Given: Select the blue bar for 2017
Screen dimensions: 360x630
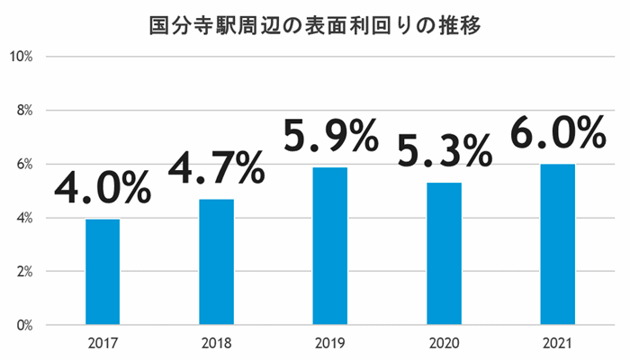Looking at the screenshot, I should click(103, 272).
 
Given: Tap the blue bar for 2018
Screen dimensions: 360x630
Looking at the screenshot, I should click(216, 261).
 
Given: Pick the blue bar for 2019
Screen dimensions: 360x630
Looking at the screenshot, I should click(330, 246).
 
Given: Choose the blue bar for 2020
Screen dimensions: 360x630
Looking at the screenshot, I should click(445, 254).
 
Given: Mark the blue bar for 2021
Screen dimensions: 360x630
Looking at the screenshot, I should click(558, 244).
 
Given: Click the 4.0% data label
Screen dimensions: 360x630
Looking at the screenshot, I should click(103, 187).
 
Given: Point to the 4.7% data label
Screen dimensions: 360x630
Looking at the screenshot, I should click(216, 167).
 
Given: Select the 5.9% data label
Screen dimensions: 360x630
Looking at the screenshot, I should click(330, 137).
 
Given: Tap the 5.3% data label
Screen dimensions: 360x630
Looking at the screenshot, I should click(445, 151).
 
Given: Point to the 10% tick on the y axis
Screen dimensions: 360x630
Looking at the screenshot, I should click(21, 57).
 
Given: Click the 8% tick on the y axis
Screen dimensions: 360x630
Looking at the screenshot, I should click(23, 111).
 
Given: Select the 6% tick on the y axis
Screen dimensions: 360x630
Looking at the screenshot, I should click(23, 164).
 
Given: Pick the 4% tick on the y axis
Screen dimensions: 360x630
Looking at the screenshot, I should click(23, 218).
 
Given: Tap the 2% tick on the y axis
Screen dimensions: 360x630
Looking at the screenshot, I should click(23, 271).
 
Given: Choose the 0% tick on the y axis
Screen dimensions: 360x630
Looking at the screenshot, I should click(23, 325).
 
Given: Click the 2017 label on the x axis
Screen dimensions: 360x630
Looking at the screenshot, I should click(103, 343).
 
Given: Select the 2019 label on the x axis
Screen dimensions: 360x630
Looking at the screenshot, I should click(330, 343).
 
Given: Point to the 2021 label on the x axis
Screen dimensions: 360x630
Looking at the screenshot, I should click(558, 343).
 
